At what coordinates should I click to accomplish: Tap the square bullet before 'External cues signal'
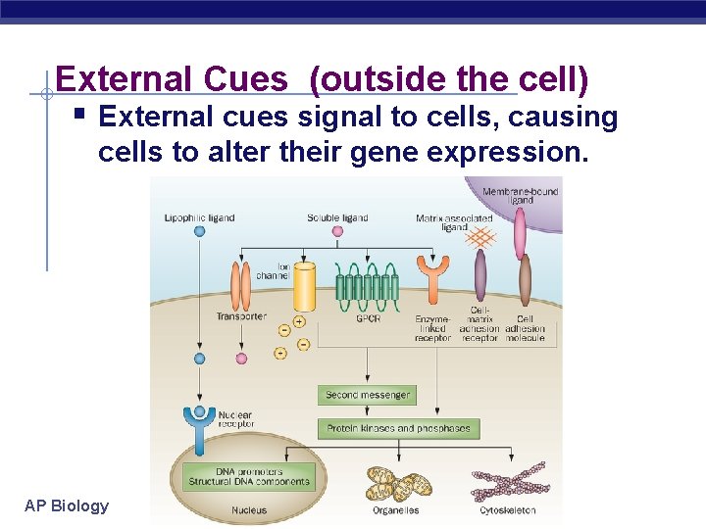(x=80, y=116)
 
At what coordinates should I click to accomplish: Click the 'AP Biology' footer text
(x=67, y=505)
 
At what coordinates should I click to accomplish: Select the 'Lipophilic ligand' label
(x=199, y=217)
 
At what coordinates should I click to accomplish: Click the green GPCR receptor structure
(x=368, y=284)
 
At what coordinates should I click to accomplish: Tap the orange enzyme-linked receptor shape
(x=432, y=279)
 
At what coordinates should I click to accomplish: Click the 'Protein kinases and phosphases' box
(x=398, y=428)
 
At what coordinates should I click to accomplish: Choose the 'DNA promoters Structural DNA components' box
(x=249, y=477)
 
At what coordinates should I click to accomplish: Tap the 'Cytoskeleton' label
(x=507, y=510)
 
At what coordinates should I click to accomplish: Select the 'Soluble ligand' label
(x=337, y=217)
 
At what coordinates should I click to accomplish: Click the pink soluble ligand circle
(x=337, y=232)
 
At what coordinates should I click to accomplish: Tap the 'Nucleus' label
(x=249, y=510)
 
